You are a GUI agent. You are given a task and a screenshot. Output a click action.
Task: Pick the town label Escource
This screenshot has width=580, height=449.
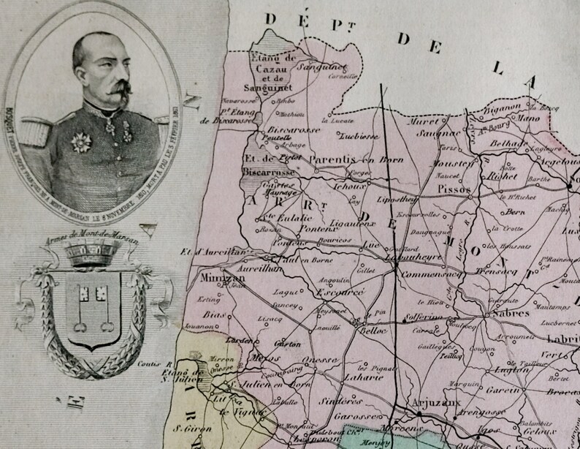point(336,293)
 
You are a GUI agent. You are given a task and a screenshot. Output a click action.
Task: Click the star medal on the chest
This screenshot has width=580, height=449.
point(80,141)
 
